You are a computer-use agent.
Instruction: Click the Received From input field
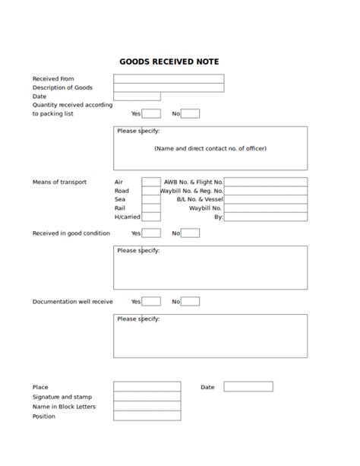(169, 78)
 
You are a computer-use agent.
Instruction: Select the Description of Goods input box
(169, 87)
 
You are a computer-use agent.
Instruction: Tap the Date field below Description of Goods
(137, 97)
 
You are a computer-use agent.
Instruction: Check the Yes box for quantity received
(151, 114)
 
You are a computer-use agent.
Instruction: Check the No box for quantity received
(190, 114)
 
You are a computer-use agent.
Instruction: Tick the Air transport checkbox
(151, 182)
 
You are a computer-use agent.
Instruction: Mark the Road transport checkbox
(151, 191)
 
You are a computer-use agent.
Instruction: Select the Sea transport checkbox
(151, 199)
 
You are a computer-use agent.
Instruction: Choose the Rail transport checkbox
(151, 208)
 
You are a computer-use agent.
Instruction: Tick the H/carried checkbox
(151, 217)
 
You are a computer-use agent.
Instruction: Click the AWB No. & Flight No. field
(265, 182)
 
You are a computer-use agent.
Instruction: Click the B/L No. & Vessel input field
(265, 199)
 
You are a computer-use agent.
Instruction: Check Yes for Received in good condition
(151, 233)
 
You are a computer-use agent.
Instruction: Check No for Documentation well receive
(190, 302)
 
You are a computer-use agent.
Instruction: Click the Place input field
(147, 387)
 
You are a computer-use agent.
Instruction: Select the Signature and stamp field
(147, 397)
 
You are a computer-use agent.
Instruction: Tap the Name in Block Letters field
(147, 406)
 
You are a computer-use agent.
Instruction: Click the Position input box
(147, 416)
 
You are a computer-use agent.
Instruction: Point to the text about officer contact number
(210, 149)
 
